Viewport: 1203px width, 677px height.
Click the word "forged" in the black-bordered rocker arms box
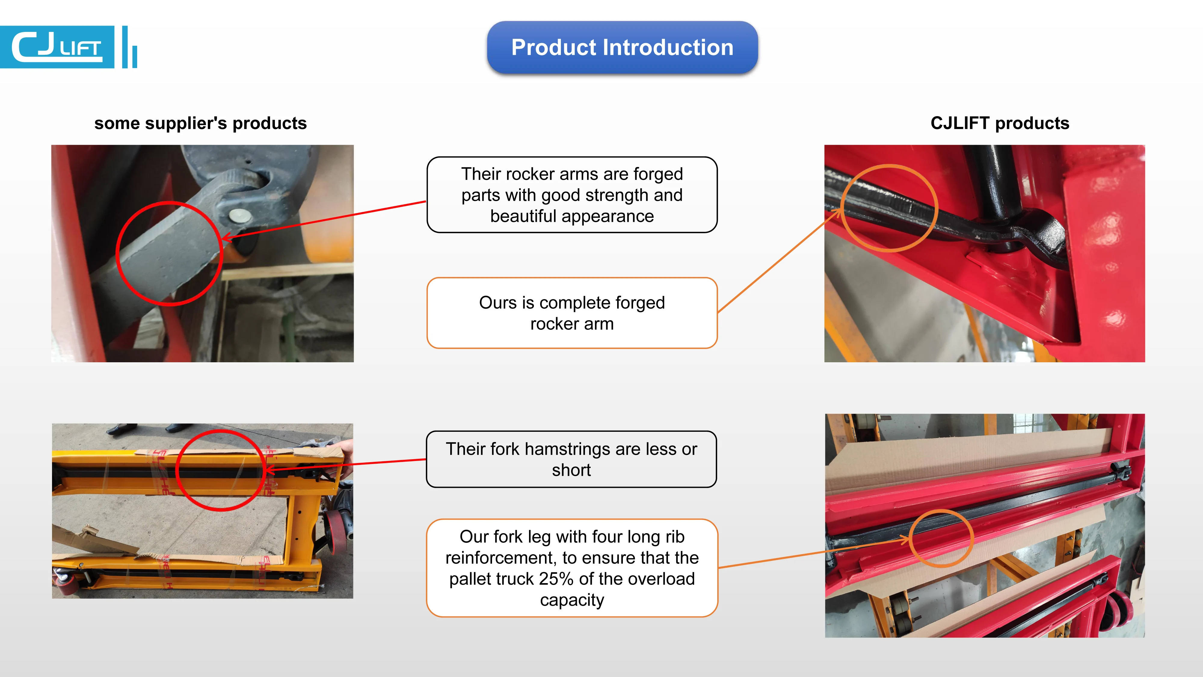[x=658, y=174]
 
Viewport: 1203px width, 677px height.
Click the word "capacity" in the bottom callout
[x=572, y=600]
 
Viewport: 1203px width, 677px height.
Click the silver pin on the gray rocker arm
[x=240, y=215]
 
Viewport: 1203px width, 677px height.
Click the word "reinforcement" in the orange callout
[x=502, y=558]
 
